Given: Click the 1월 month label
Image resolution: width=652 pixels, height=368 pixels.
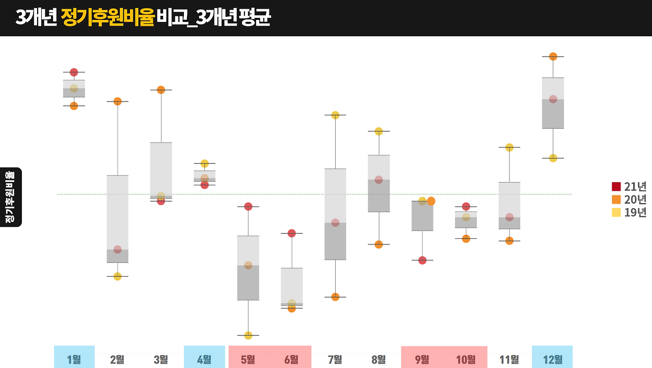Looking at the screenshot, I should [74, 359].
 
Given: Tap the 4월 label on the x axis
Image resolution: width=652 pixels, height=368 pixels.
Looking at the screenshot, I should [204, 359].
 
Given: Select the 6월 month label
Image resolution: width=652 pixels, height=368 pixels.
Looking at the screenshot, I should [291, 359].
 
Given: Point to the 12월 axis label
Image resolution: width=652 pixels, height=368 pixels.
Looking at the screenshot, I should [552, 359].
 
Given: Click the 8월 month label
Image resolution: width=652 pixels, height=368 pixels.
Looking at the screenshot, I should [378, 359].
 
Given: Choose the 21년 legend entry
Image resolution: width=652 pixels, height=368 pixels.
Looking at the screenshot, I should [629, 186].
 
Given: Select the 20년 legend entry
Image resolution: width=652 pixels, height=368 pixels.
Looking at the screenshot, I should [629, 200].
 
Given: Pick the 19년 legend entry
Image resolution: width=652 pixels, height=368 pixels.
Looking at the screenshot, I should [629, 212].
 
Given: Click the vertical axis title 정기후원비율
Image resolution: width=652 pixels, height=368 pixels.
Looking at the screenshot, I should [10, 197].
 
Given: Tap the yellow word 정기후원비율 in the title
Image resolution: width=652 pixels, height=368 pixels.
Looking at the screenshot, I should [107, 18].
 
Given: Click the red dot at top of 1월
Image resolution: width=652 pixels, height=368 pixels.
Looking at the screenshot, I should [74, 72].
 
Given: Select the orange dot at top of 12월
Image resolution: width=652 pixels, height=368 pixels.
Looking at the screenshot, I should [553, 56].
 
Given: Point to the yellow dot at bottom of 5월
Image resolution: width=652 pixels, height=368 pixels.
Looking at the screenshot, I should [248, 335].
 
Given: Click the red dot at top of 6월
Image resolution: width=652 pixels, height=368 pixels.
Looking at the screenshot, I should [292, 233].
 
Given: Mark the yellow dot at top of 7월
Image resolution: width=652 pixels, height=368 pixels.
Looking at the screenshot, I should [335, 115].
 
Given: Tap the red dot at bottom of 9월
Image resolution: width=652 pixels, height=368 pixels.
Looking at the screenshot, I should [422, 260].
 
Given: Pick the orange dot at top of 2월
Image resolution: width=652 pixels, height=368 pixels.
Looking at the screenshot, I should [118, 101].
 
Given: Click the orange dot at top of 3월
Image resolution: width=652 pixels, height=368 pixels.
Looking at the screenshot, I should [161, 90].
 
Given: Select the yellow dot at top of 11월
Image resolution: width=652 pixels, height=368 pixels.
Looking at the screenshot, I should [509, 148].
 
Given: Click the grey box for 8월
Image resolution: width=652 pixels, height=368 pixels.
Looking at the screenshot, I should [378, 183].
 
